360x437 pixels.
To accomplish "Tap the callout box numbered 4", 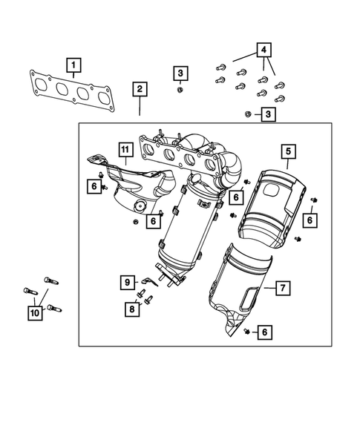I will tap(263, 50).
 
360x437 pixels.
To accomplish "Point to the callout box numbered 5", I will tap(287, 153).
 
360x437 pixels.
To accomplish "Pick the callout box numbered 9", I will tap(127, 282).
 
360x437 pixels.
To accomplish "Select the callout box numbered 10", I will tap(34, 314).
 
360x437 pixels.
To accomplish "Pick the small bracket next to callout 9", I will tap(151, 280).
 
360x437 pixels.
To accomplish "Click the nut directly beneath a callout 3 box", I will tap(180, 90).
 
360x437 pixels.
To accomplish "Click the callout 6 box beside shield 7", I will tap(263, 333).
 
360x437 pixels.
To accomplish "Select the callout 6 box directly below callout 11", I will tap(95, 187).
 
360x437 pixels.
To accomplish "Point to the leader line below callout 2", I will tap(140, 107).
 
